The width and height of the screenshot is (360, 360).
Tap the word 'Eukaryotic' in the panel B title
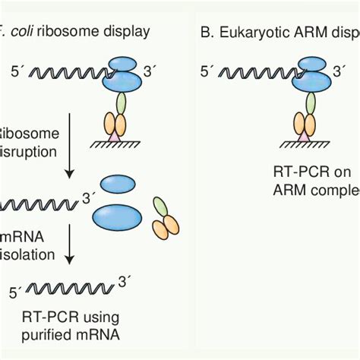pyautogui.click(x=251, y=31)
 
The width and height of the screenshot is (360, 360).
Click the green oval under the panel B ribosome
pyautogui.click(x=304, y=103)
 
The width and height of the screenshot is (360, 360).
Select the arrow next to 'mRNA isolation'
pyautogui.click(x=70, y=244)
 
